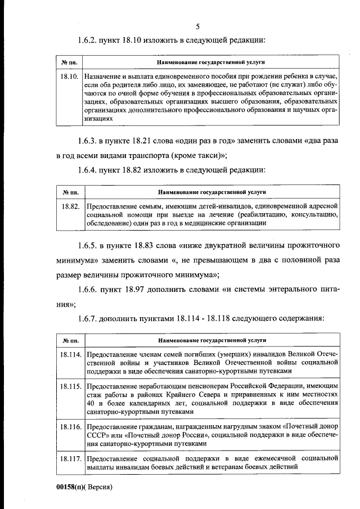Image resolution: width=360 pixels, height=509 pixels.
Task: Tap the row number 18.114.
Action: (70, 355)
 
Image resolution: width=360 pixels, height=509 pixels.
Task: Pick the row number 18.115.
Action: (70, 388)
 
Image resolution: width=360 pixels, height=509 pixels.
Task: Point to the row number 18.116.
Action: (70, 428)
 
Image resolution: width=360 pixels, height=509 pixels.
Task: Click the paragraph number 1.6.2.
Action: (89, 40)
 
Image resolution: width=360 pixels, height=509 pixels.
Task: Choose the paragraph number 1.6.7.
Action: (89, 318)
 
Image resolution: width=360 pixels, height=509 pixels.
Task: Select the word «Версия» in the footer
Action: (101, 487)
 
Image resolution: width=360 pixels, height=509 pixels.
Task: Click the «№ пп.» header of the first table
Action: (69, 62)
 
